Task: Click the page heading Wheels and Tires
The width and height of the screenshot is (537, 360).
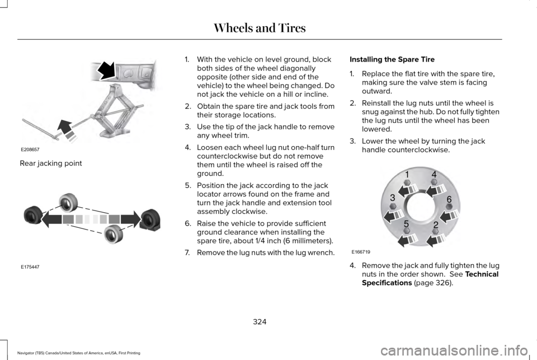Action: tap(260, 28)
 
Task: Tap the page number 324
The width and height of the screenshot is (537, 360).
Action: tap(260, 321)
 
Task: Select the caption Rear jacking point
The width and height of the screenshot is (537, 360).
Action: tap(51, 163)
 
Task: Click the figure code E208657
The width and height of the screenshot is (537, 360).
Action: tap(30, 149)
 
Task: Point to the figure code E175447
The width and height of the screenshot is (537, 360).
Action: tap(30, 267)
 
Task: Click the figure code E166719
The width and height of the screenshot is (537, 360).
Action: tap(361, 252)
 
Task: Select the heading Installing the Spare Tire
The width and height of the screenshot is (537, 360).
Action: tap(392, 59)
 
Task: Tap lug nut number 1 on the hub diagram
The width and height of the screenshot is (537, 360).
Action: tap(407, 175)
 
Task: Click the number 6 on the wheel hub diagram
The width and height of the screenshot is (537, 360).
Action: tap(449, 199)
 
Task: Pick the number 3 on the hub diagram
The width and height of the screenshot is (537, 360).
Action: tap(393, 198)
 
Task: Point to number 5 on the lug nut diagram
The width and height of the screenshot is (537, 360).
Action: tap(406, 224)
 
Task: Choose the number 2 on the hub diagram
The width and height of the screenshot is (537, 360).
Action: tap(436, 225)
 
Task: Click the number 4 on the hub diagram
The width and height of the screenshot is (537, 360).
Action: tap(434, 175)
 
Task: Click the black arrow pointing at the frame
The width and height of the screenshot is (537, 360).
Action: tap(107, 71)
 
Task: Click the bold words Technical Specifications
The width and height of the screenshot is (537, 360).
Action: tap(430, 278)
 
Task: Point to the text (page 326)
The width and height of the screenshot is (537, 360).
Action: tap(433, 283)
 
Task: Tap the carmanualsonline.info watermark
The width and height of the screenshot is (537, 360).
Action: tap(454, 350)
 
